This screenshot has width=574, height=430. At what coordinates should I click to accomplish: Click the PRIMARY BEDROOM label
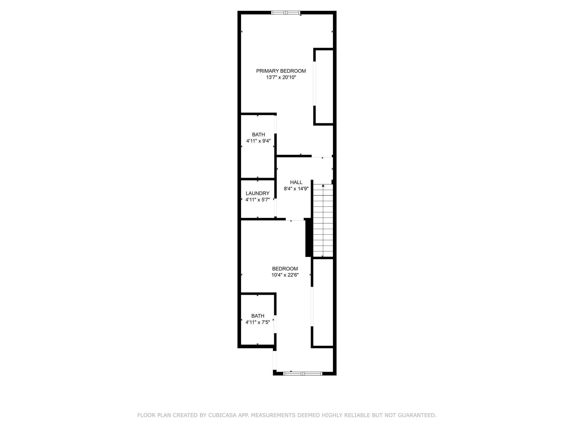281,71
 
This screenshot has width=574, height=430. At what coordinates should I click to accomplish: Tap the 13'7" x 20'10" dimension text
281,77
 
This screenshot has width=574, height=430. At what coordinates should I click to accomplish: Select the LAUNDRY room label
257,193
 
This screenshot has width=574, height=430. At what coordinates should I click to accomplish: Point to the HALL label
296,182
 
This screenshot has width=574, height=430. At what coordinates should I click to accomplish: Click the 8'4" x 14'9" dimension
296,189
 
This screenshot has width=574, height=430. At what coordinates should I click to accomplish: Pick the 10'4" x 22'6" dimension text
285,275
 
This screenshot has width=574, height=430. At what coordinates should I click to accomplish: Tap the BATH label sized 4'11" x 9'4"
258,135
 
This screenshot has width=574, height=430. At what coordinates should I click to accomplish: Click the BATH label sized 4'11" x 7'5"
258,316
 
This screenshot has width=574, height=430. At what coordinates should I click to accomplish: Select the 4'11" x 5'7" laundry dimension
257,200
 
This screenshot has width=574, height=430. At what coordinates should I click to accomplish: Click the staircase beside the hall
323,221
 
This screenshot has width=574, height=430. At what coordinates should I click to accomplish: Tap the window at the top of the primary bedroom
286,13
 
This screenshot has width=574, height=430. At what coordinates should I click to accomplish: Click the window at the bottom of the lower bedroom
302,373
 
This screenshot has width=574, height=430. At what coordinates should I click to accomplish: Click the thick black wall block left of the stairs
308,237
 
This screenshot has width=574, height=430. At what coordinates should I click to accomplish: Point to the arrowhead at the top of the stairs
323,186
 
